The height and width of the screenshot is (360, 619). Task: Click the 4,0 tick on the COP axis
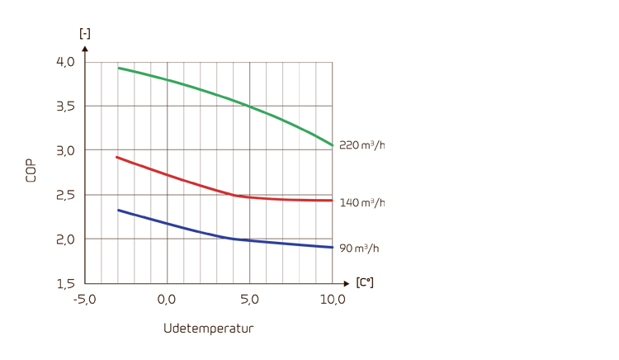pos(65,62)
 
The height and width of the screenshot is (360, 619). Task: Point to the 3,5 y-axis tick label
pos(65,107)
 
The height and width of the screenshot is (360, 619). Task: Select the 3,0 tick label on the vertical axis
pos(65,150)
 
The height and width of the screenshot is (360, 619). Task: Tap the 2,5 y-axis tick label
pos(65,195)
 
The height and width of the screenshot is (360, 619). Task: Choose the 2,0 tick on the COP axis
pos(65,239)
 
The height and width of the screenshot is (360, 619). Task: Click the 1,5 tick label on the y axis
pos(65,283)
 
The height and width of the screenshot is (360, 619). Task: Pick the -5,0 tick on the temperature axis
pos(85,299)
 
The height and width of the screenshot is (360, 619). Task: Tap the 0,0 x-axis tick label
pos(167,299)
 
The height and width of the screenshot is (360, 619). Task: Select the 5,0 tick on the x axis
pos(249,299)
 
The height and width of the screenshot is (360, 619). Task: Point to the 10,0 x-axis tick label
pos(333,299)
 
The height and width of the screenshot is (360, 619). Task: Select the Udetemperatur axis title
pos(208,329)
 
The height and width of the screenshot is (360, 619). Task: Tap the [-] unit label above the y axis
pos(84,33)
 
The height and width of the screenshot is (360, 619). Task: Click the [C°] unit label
pos(364,282)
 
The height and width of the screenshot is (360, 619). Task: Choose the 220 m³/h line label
pos(361,145)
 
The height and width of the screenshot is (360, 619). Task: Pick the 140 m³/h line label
pos(361,202)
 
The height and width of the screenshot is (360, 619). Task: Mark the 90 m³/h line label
pos(359,248)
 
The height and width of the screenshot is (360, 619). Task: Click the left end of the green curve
pos(118,68)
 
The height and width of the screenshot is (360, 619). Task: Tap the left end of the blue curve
pos(118,210)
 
